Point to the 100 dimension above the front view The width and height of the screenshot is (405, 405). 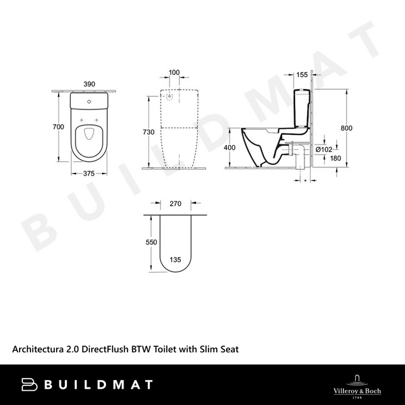(175, 72)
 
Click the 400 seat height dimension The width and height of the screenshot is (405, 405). (230, 148)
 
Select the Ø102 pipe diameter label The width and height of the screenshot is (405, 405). (325, 148)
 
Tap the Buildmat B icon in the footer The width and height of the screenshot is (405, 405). (30, 384)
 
